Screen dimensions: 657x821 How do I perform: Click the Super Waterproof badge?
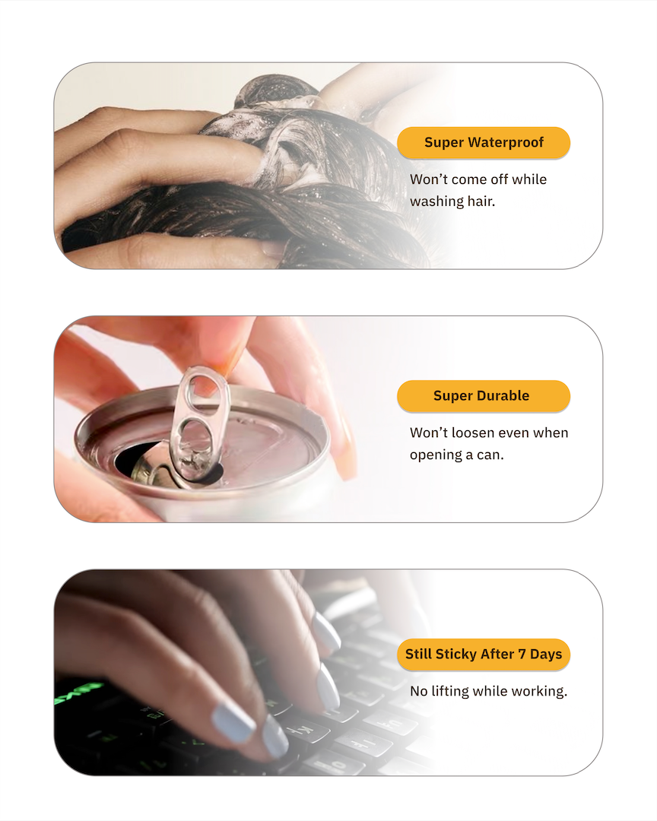coord(483,142)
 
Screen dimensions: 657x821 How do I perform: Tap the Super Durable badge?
coord(483,396)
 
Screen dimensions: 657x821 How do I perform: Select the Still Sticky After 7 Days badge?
coord(483,655)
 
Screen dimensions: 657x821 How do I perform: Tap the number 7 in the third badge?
coord(522,654)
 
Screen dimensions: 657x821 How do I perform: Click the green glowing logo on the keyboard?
coord(78,692)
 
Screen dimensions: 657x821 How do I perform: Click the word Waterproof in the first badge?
coord(506,142)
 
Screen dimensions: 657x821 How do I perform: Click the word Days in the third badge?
coord(546,654)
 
